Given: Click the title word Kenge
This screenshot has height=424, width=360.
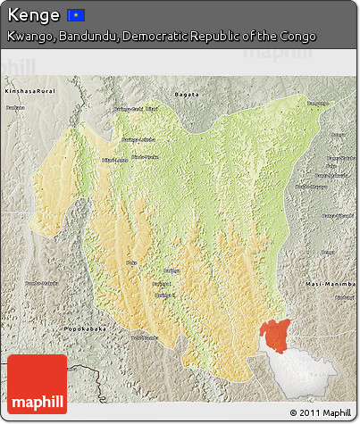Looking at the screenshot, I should click(x=33, y=15).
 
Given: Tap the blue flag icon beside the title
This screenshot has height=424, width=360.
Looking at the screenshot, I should click(x=76, y=15).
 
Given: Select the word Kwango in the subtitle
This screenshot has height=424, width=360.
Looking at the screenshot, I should click(x=28, y=37).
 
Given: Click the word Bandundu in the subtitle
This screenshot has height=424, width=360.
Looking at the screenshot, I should click(x=87, y=37).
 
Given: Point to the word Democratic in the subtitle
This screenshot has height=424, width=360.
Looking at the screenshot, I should click(x=156, y=37).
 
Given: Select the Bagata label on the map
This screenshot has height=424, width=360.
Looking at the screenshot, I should click(x=187, y=92).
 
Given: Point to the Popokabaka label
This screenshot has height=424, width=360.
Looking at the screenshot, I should click(x=86, y=329).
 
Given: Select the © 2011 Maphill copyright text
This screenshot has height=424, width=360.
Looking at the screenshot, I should click(x=320, y=412).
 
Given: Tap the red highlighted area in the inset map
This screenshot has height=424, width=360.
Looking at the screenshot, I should click(x=275, y=335).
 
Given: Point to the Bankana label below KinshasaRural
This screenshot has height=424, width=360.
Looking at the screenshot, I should click(x=15, y=108).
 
